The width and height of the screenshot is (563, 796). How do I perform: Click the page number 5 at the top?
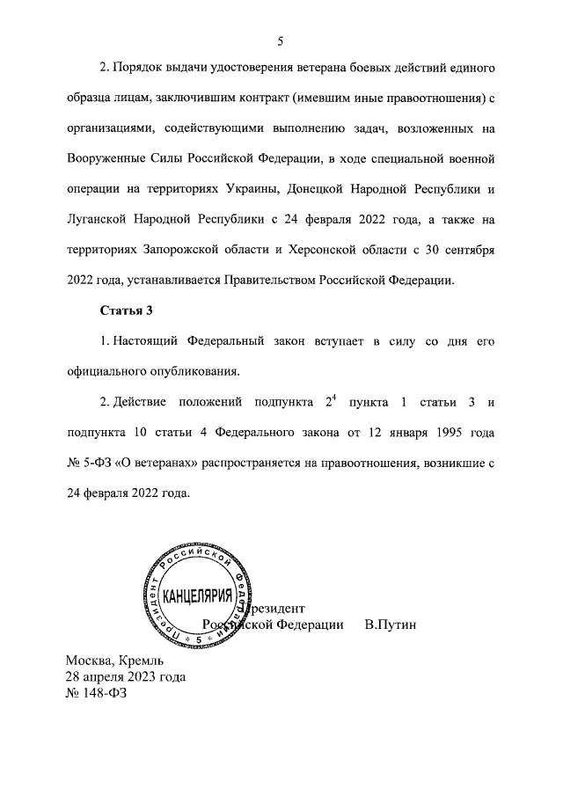tap(280, 40)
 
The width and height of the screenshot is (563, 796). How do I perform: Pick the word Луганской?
tap(101, 220)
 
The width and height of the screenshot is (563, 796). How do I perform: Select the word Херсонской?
tap(330, 250)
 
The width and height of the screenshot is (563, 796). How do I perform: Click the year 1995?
tap(433, 434)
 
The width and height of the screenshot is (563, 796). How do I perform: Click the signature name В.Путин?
tap(389, 624)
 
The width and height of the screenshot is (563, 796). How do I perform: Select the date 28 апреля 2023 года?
tap(125, 676)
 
